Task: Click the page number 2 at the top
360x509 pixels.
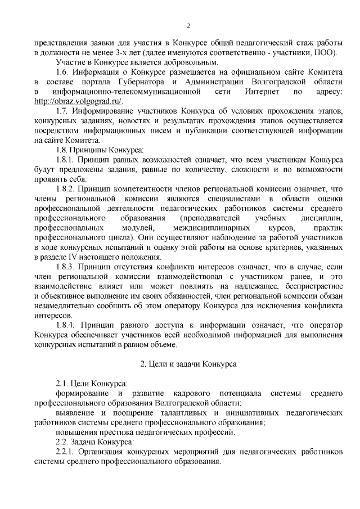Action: pos(189,25)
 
